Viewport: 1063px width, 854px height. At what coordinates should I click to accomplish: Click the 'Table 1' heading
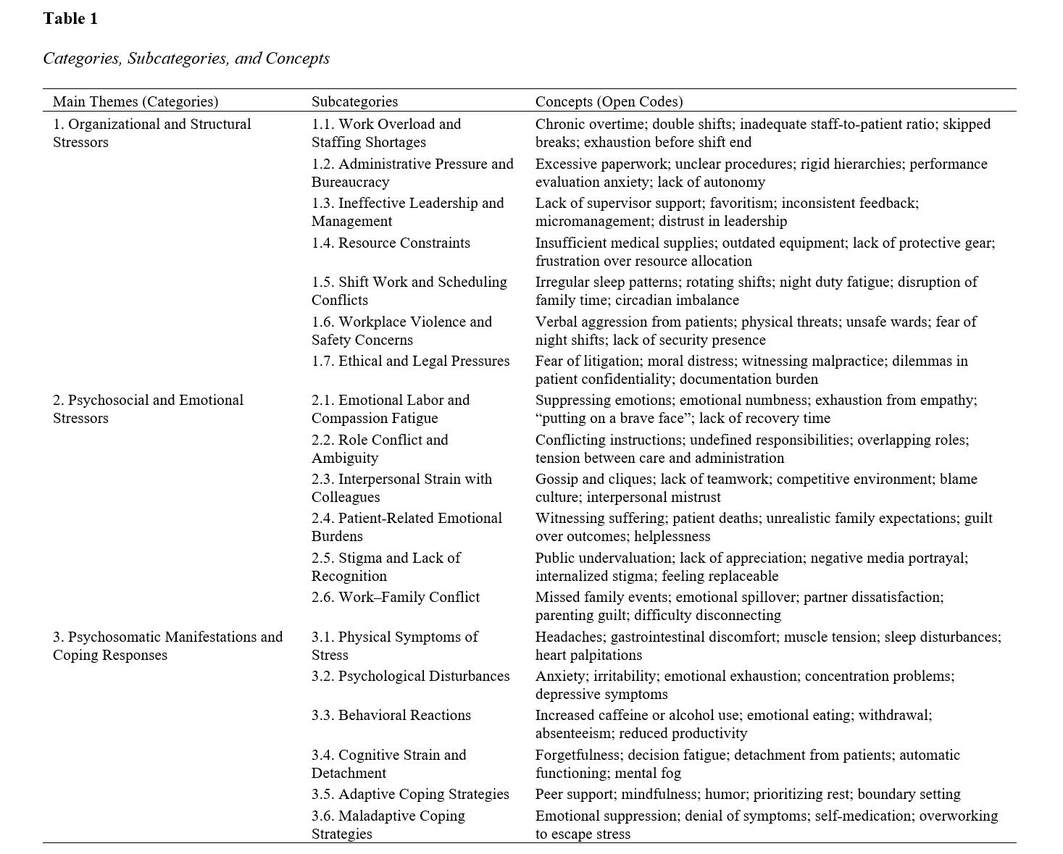coord(70,19)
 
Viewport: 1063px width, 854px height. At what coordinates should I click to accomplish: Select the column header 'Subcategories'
coord(354,101)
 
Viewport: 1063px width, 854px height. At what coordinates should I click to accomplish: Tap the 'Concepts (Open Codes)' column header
coord(609,101)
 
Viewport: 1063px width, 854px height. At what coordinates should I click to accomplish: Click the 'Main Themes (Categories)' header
coord(136,101)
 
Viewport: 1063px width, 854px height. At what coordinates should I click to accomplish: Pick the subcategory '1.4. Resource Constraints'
coord(391,243)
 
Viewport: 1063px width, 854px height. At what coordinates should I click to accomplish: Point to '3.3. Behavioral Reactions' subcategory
coord(391,715)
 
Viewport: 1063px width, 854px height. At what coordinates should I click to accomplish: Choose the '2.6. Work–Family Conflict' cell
coord(396,597)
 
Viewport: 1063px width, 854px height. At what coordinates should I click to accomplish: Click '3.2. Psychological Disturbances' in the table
coord(410,676)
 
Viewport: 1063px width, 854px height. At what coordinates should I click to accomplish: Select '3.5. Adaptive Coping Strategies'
coord(410,794)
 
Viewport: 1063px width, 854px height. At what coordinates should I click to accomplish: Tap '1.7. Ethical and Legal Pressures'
coord(410,361)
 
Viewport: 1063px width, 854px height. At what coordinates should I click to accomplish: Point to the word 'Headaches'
coord(569,637)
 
